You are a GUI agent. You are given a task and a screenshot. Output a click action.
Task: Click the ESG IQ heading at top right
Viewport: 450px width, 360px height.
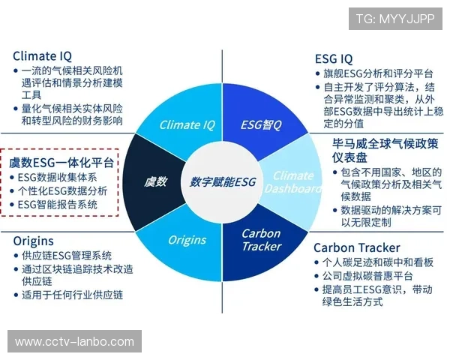334,58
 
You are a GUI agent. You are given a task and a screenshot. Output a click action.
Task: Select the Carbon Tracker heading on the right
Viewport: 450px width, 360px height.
356,247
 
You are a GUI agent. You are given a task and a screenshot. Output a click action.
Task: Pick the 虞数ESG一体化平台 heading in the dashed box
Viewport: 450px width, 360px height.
61,163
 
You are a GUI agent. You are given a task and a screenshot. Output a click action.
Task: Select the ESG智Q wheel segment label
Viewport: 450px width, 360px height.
260,124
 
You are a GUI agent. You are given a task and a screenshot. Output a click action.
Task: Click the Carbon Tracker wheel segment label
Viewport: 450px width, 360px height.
261,239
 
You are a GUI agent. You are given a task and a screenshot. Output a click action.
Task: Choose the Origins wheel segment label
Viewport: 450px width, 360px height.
187,240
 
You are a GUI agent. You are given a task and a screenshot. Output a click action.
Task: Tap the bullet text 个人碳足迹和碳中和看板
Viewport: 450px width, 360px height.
377,262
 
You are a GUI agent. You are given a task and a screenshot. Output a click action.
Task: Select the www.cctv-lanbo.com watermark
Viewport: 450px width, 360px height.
74,342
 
